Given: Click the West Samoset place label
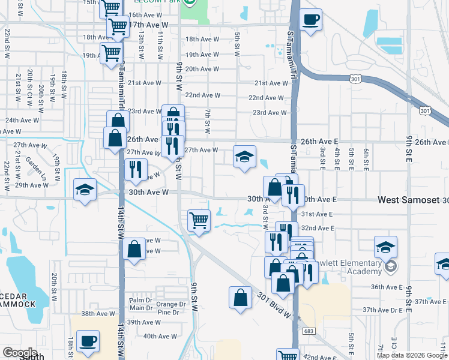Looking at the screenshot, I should click(x=408, y=199).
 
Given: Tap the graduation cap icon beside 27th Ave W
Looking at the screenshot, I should click(x=244, y=158).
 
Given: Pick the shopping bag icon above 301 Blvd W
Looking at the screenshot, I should click(x=240, y=299).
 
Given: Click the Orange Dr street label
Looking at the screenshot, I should click(x=167, y=304).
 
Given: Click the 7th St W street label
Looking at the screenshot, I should click(x=208, y=122).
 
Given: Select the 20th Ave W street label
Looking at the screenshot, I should click(x=202, y=69).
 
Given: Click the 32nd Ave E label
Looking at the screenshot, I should click(x=317, y=228).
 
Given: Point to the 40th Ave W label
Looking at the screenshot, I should click(x=158, y=337).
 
